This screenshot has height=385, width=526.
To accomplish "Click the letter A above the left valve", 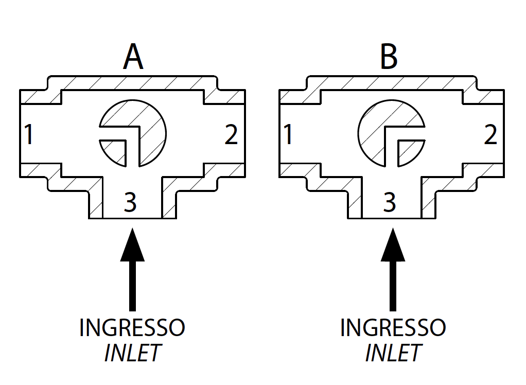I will [x=133, y=58].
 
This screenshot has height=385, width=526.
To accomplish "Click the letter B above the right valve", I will [x=389, y=58].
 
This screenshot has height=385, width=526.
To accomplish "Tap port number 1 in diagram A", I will [x=29, y=135].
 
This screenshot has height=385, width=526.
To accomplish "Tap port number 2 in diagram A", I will [x=231, y=135].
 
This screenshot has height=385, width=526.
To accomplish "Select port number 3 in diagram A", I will [x=131, y=202].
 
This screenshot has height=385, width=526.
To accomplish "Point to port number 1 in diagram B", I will [x=288, y=135].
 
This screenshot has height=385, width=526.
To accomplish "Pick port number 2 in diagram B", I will [x=490, y=135].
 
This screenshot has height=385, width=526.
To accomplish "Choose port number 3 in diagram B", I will [x=390, y=202].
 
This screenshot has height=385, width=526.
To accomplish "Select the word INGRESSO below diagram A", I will [x=132, y=328].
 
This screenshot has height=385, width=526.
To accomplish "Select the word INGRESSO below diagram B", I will [x=393, y=328].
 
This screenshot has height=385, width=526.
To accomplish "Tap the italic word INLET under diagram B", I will [x=393, y=353].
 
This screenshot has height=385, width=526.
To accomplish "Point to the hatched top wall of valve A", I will [x=132, y=83].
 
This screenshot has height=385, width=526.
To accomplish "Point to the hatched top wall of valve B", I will [x=391, y=83].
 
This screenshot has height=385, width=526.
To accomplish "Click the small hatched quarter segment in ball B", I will [x=408, y=152].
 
